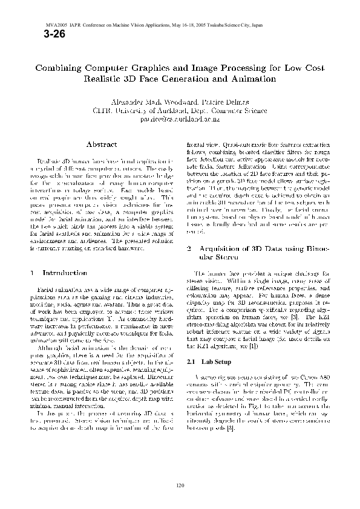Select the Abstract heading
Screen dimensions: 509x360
tap(102, 144)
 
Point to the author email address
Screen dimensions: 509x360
tap(179, 120)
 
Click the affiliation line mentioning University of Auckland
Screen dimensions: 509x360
tap(179, 112)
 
